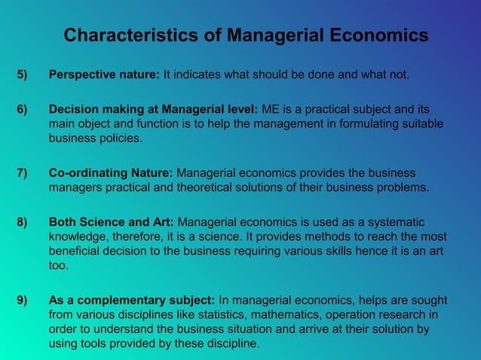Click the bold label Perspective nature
coord(104,75)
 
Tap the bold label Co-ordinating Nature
coord(111,172)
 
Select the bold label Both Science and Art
coord(112,222)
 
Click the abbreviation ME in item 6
coord(270,110)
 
